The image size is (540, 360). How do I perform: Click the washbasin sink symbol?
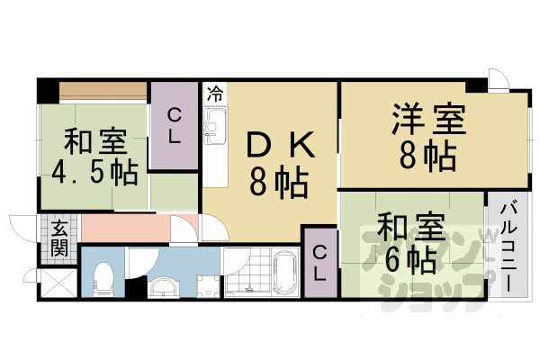point(164,287)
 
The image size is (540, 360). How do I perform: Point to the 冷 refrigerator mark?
point(215,93)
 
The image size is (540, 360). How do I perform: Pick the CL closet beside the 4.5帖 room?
point(175,126)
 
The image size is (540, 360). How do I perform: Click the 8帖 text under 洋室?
point(426,157)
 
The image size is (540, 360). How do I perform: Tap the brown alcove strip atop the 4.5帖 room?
point(103,91)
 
